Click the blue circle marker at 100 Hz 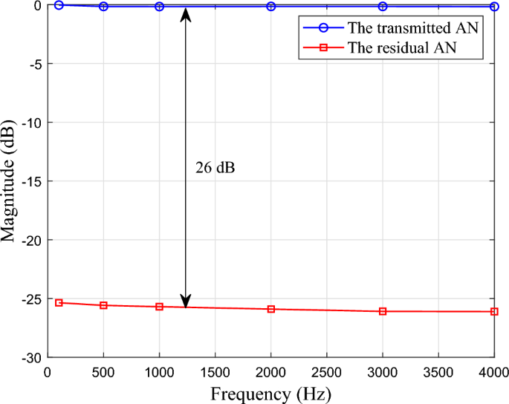tap(59, 4)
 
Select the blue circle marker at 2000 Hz tap(271, 6)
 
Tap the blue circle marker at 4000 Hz tap(494, 6)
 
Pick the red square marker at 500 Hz tap(103, 305)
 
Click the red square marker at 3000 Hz tap(383, 311)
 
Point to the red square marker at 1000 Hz tap(159, 307)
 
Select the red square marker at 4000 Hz tap(494, 311)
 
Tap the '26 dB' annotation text tap(215, 168)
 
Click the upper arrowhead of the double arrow tap(187, 13)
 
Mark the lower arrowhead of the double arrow tap(187, 301)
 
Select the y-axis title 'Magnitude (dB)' tap(10, 182)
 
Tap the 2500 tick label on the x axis tap(327, 371)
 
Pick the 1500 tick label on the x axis tap(215, 371)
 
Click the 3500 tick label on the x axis tap(438, 371)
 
